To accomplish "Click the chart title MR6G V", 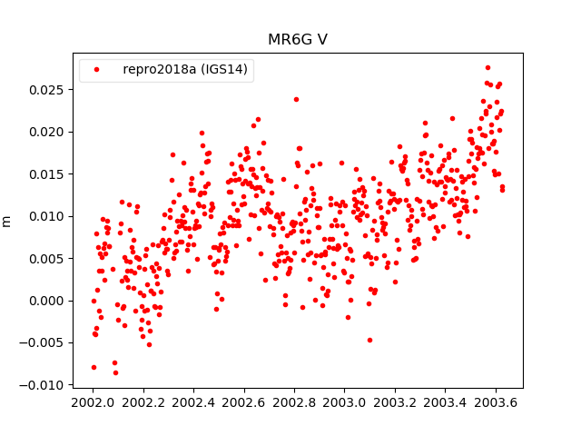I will [297, 40].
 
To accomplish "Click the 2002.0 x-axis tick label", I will [94, 402].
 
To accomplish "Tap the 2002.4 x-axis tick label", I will [194, 402].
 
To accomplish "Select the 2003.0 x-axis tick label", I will [346, 402].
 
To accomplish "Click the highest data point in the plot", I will [487, 67].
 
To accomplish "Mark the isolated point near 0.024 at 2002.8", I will [296, 99].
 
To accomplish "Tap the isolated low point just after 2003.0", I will [369, 340].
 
